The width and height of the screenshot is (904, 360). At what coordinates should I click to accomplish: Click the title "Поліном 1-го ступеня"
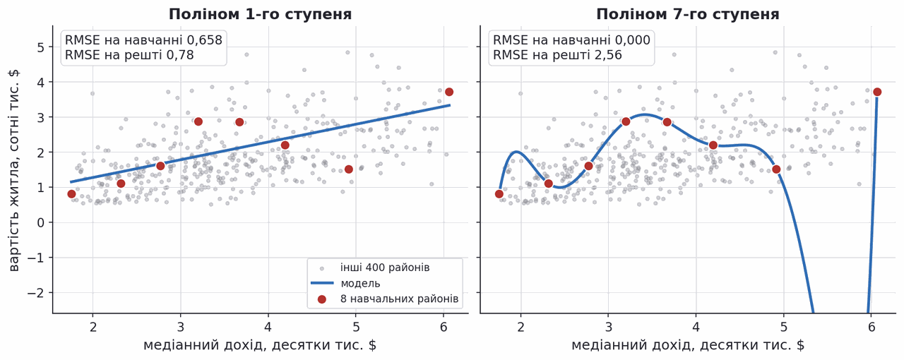261,15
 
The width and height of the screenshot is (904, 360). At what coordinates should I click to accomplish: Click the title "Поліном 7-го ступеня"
688,15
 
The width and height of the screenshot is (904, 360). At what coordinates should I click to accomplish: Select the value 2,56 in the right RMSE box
607,55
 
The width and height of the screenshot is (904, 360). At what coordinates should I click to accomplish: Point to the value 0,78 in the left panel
180,55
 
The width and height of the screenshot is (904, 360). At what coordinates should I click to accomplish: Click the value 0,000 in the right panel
632,40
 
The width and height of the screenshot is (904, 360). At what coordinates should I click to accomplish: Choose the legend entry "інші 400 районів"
385,268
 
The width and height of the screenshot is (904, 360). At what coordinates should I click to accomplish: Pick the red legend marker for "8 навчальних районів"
321,299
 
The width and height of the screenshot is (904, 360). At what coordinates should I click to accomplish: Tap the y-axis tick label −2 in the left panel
36,293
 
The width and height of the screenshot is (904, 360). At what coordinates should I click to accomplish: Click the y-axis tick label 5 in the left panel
41,47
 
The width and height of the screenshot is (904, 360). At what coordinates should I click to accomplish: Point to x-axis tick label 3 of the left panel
180,328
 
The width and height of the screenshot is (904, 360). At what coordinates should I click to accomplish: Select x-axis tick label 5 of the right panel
784,328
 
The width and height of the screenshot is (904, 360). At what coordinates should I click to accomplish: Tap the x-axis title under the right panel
688,345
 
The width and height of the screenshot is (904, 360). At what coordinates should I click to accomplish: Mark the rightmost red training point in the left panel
449,92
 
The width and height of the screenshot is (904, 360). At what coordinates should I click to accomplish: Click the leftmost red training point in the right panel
499,194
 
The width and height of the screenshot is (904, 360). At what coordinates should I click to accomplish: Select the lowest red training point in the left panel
71,194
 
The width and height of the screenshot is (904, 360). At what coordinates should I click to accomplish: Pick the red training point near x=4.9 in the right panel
776,169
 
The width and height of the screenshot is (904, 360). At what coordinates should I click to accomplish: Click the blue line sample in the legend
321,283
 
